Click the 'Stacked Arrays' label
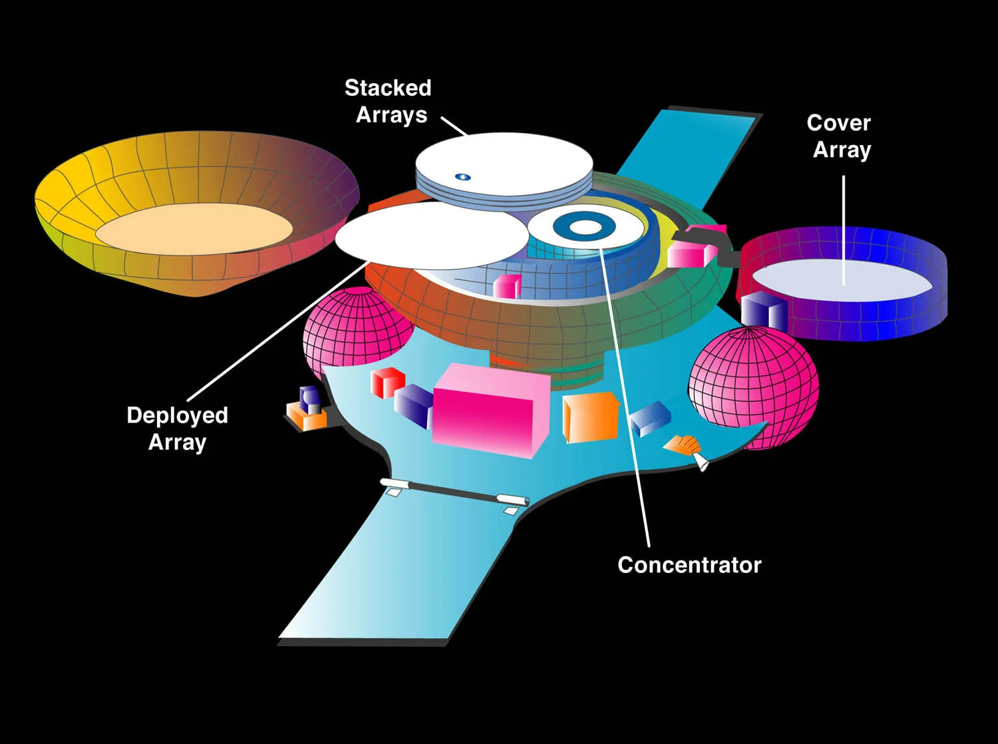point(389,101)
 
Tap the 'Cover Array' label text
point(840,136)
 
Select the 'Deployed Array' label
point(177,429)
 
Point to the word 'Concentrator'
point(689,565)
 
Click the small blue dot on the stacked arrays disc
point(463,177)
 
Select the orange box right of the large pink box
point(589,417)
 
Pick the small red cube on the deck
point(387,382)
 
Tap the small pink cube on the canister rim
point(507,285)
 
